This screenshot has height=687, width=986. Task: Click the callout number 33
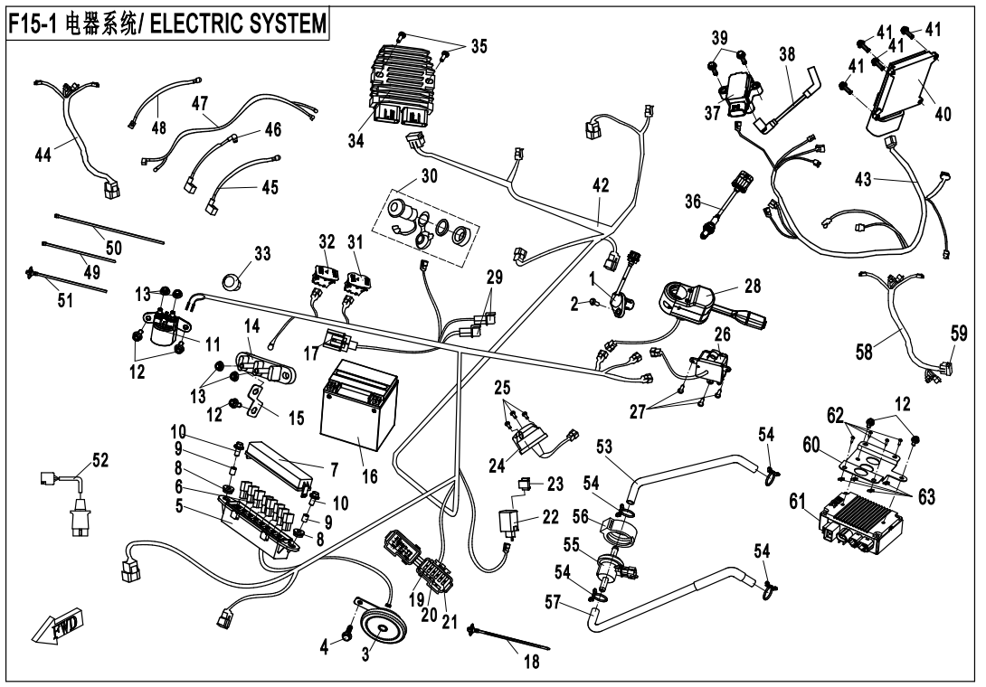click(261, 256)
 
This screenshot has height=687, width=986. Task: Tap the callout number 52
click(100, 460)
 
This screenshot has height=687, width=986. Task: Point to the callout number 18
click(531, 661)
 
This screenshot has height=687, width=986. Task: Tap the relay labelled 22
click(509, 522)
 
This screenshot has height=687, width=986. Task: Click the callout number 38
click(787, 54)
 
